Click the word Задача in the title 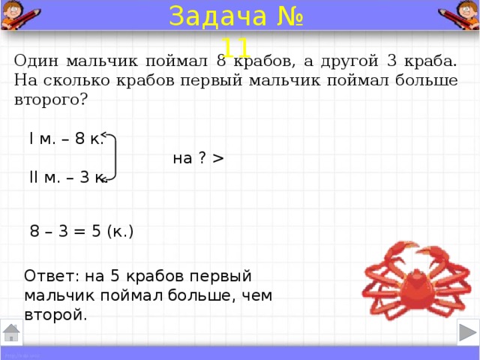click(x=217, y=16)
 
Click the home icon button click(x=11, y=332)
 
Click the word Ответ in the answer click(x=51, y=276)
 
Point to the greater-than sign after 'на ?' click(x=218, y=158)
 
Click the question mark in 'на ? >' click(x=202, y=157)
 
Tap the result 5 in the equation click(x=96, y=231)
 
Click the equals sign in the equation click(x=79, y=232)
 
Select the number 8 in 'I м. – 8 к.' click(x=79, y=138)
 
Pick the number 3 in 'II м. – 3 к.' click(x=85, y=177)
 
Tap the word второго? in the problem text click(x=51, y=100)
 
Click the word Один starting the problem click(x=36, y=61)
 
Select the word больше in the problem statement click(x=427, y=80)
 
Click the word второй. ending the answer click(x=55, y=315)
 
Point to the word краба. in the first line click(x=430, y=61)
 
